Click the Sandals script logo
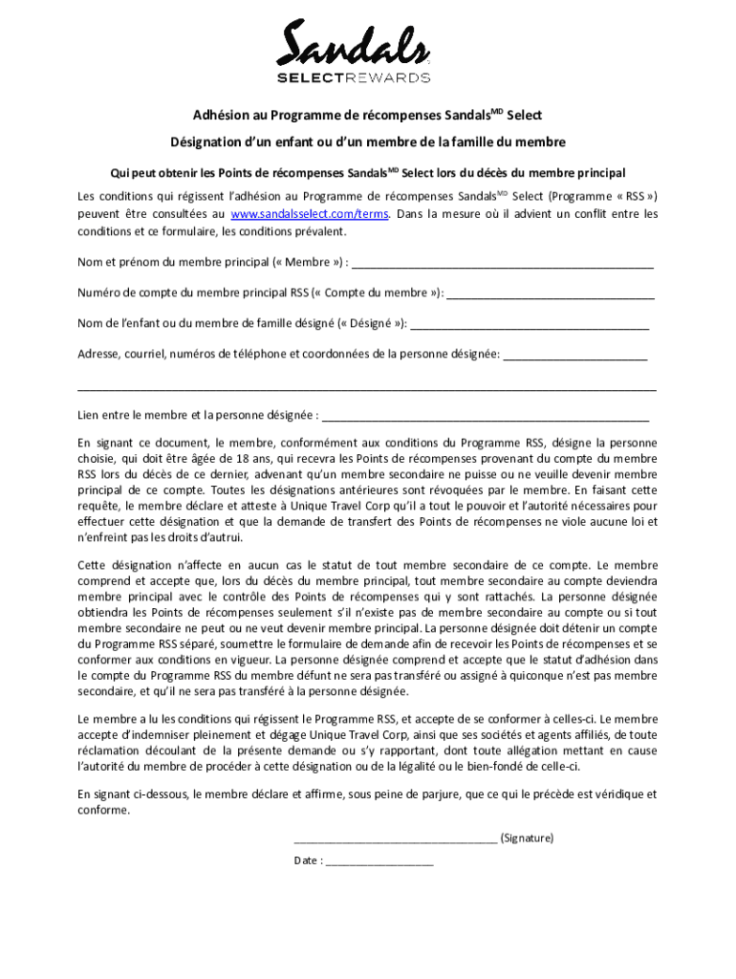click(x=353, y=46)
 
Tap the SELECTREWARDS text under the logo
click(x=353, y=77)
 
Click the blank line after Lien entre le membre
click(x=486, y=417)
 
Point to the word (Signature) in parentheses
click(x=527, y=838)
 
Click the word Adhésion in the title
click(x=222, y=116)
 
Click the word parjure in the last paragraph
click(x=427, y=794)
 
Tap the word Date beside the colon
click(x=307, y=861)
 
